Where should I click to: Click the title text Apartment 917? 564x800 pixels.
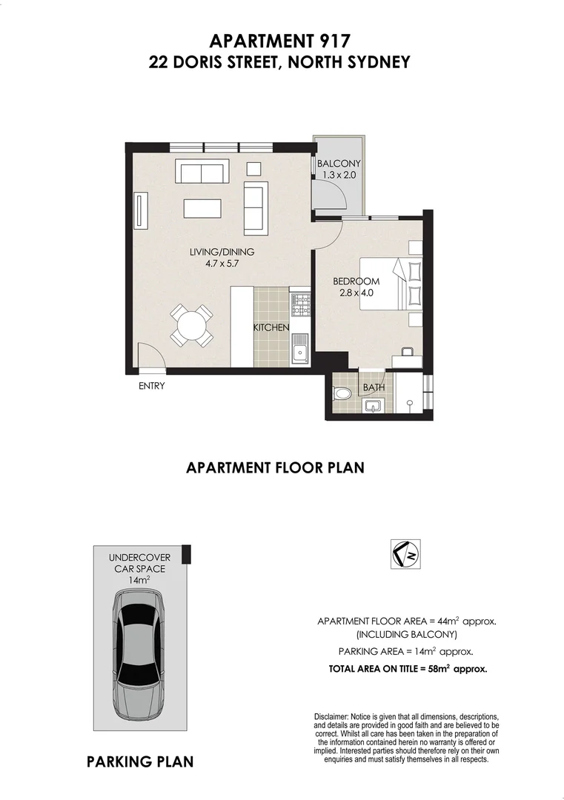pyautogui.click(x=279, y=41)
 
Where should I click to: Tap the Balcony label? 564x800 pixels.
pyautogui.click(x=338, y=164)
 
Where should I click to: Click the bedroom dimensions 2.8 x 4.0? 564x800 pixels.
pyautogui.click(x=356, y=293)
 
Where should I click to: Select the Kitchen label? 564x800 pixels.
pyautogui.click(x=271, y=327)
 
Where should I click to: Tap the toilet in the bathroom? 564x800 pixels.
pyautogui.click(x=342, y=393)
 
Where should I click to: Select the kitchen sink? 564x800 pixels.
pyautogui.click(x=299, y=350)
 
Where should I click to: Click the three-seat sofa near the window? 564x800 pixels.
pyautogui.click(x=200, y=173)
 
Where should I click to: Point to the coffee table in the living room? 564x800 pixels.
pyautogui.click(x=202, y=207)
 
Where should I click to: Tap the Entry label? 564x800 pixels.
pyautogui.click(x=151, y=386)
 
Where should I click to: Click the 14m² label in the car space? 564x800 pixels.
pyautogui.click(x=139, y=581)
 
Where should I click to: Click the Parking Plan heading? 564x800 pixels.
pyautogui.click(x=140, y=761)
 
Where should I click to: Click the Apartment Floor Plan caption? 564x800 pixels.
pyautogui.click(x=275, y=467)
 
